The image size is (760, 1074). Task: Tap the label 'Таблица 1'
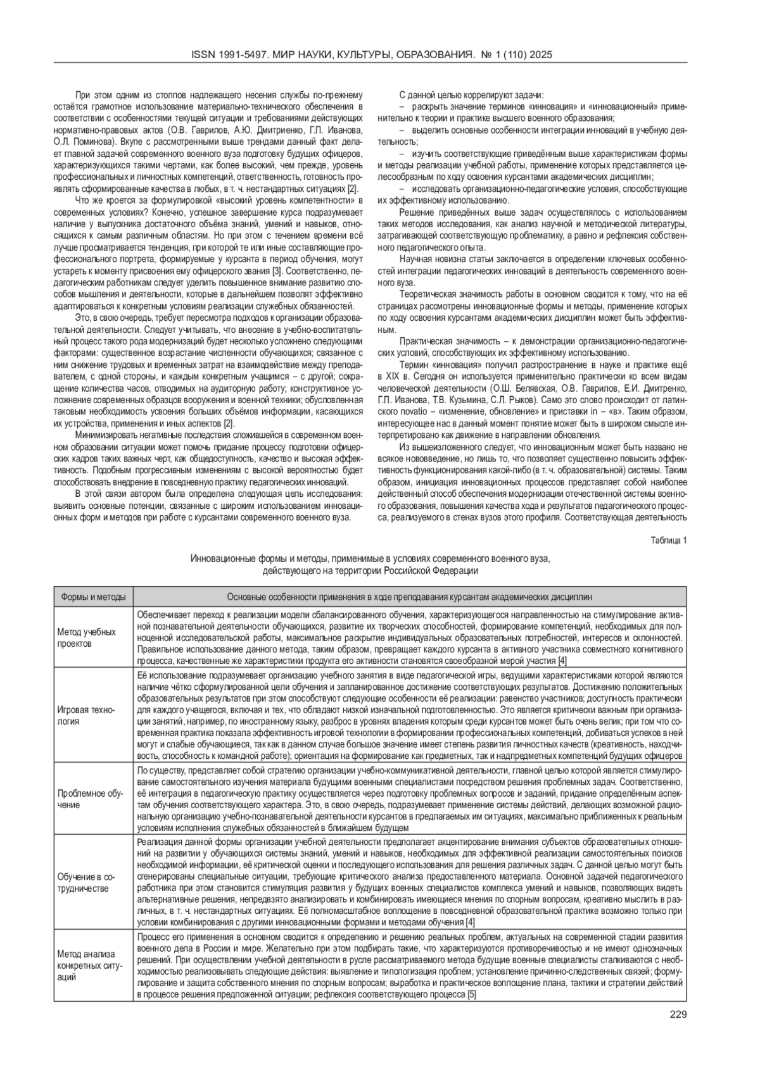point(669,540)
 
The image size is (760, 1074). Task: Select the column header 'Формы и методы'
point(93,597)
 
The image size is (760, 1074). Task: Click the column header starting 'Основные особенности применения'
point(409,597)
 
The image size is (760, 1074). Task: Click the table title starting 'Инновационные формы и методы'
point(370,558)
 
